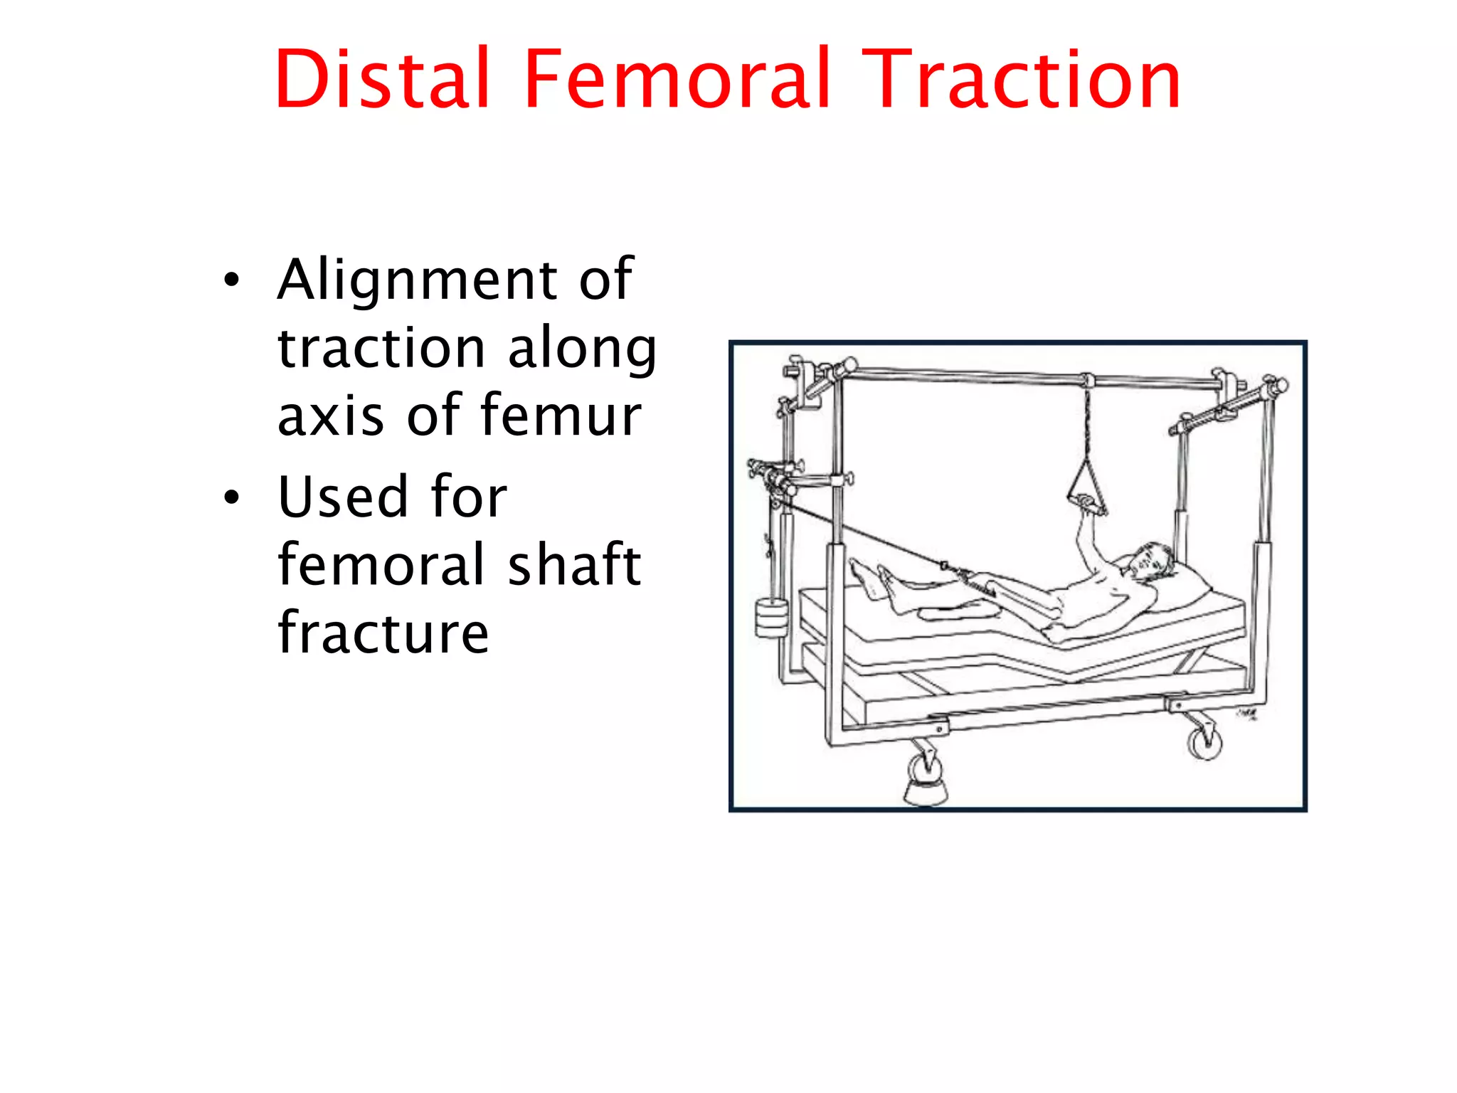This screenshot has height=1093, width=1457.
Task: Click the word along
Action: tap(581, 349)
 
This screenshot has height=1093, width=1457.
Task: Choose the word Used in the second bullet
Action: tap(342, 496)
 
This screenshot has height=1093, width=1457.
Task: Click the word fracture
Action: tap(383, 633)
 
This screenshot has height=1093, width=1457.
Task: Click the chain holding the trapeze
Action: tap(1087, 420)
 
